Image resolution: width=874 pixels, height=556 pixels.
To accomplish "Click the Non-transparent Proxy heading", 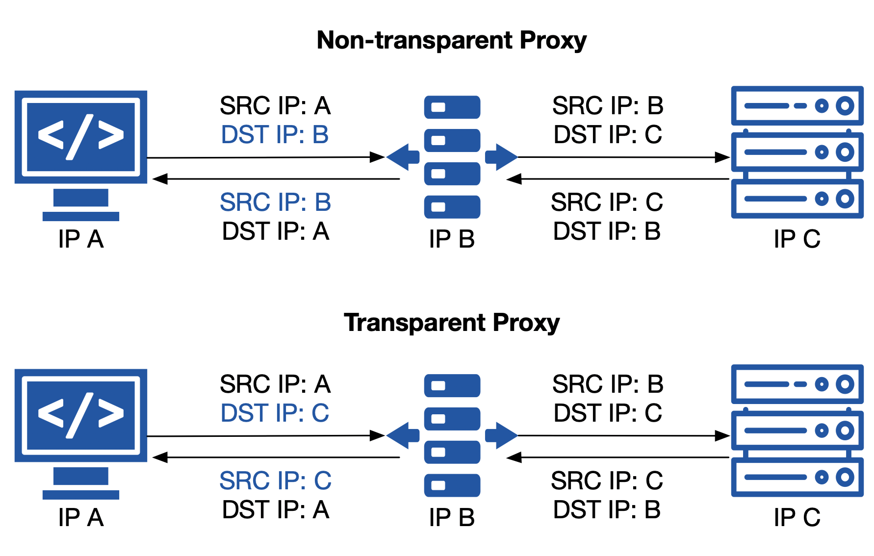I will point(451,41).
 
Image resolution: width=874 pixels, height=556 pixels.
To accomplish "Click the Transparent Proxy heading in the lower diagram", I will point(451,323).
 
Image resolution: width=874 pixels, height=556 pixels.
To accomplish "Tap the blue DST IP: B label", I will point(275,135).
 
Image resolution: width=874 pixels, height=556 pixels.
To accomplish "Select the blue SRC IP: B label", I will point(275,202).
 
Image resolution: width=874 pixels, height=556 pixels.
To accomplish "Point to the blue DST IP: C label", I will point(275,413).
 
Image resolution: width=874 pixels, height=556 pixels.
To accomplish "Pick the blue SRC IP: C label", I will point(275,480).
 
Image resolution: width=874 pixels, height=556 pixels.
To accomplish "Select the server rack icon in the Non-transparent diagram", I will point(797,152).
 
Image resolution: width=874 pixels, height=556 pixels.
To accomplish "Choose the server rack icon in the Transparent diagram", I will point(797,430).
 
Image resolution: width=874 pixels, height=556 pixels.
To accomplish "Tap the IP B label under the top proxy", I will point(452,239).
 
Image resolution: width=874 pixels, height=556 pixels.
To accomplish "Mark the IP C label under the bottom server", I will point(797,517).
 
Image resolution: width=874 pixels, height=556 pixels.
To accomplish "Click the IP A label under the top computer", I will point(81,239).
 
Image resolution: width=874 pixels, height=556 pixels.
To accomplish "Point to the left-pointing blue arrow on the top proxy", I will point(403,157).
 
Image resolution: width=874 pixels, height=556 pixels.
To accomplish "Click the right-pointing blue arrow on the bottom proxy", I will point(501,435).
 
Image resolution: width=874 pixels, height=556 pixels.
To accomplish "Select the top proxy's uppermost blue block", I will point(452,107).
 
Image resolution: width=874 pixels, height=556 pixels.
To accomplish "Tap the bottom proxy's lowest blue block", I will point(452,485).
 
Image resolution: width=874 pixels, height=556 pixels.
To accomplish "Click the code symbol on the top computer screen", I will point(81,136).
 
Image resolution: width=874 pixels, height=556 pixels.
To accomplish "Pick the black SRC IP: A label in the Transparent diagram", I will point(275,384).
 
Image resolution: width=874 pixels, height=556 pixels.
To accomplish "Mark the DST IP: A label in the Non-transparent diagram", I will point(275,231).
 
